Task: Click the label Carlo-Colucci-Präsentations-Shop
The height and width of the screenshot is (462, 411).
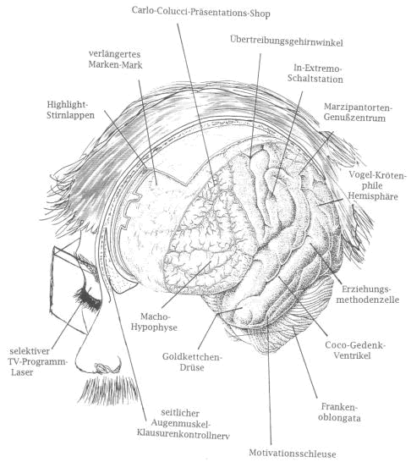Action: (200, 12)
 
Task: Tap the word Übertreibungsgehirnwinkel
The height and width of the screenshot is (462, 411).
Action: (287, 41)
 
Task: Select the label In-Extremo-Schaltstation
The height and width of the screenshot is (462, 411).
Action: (315, 74)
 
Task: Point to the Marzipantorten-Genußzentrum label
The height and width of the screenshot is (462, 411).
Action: (358, 113)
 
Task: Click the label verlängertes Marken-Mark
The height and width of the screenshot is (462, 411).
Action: (115, 59)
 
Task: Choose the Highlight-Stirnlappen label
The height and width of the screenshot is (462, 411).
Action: (71, 110)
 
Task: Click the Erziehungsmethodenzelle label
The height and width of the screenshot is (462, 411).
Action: (368, 294)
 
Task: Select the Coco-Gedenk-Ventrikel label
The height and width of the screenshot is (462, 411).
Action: (355, 350)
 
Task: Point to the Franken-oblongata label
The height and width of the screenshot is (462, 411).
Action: (339, 413)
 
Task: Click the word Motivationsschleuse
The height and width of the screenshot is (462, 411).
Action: (293, 454)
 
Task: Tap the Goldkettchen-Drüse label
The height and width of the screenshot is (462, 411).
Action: (192, 362)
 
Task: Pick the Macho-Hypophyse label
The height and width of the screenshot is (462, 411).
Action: (154, 322)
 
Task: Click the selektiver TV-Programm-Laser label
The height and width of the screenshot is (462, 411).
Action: (38, 361)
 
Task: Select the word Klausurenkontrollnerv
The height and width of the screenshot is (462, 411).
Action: (183, 434)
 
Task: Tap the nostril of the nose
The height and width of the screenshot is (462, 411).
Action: (104, 367)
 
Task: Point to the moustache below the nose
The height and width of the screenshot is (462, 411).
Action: (107, 389)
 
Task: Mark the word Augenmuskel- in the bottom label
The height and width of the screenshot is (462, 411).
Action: (180, 424)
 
